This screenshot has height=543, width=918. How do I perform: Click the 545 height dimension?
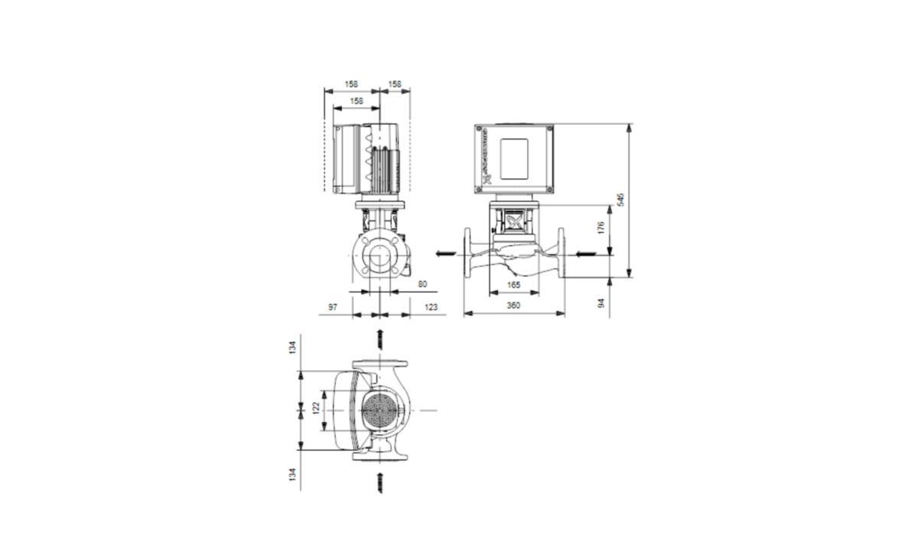tap(622, 199)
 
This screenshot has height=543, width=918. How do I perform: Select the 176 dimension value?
tap(601, 227)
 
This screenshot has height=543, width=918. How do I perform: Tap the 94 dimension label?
tap(601, 303)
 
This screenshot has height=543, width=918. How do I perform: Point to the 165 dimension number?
tap(513, 285)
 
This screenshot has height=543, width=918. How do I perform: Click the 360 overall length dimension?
tap(513, 306)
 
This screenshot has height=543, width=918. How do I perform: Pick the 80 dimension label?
tap(423, 284)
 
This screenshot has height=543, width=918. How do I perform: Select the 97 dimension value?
tap(333, 306)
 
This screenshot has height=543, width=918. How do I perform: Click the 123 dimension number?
tap(431, 306)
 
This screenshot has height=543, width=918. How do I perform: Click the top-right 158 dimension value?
tap(395, 84)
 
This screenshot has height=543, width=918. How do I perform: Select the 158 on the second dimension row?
tap(356, 100)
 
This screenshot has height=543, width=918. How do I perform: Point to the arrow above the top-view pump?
tap(380, 339)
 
